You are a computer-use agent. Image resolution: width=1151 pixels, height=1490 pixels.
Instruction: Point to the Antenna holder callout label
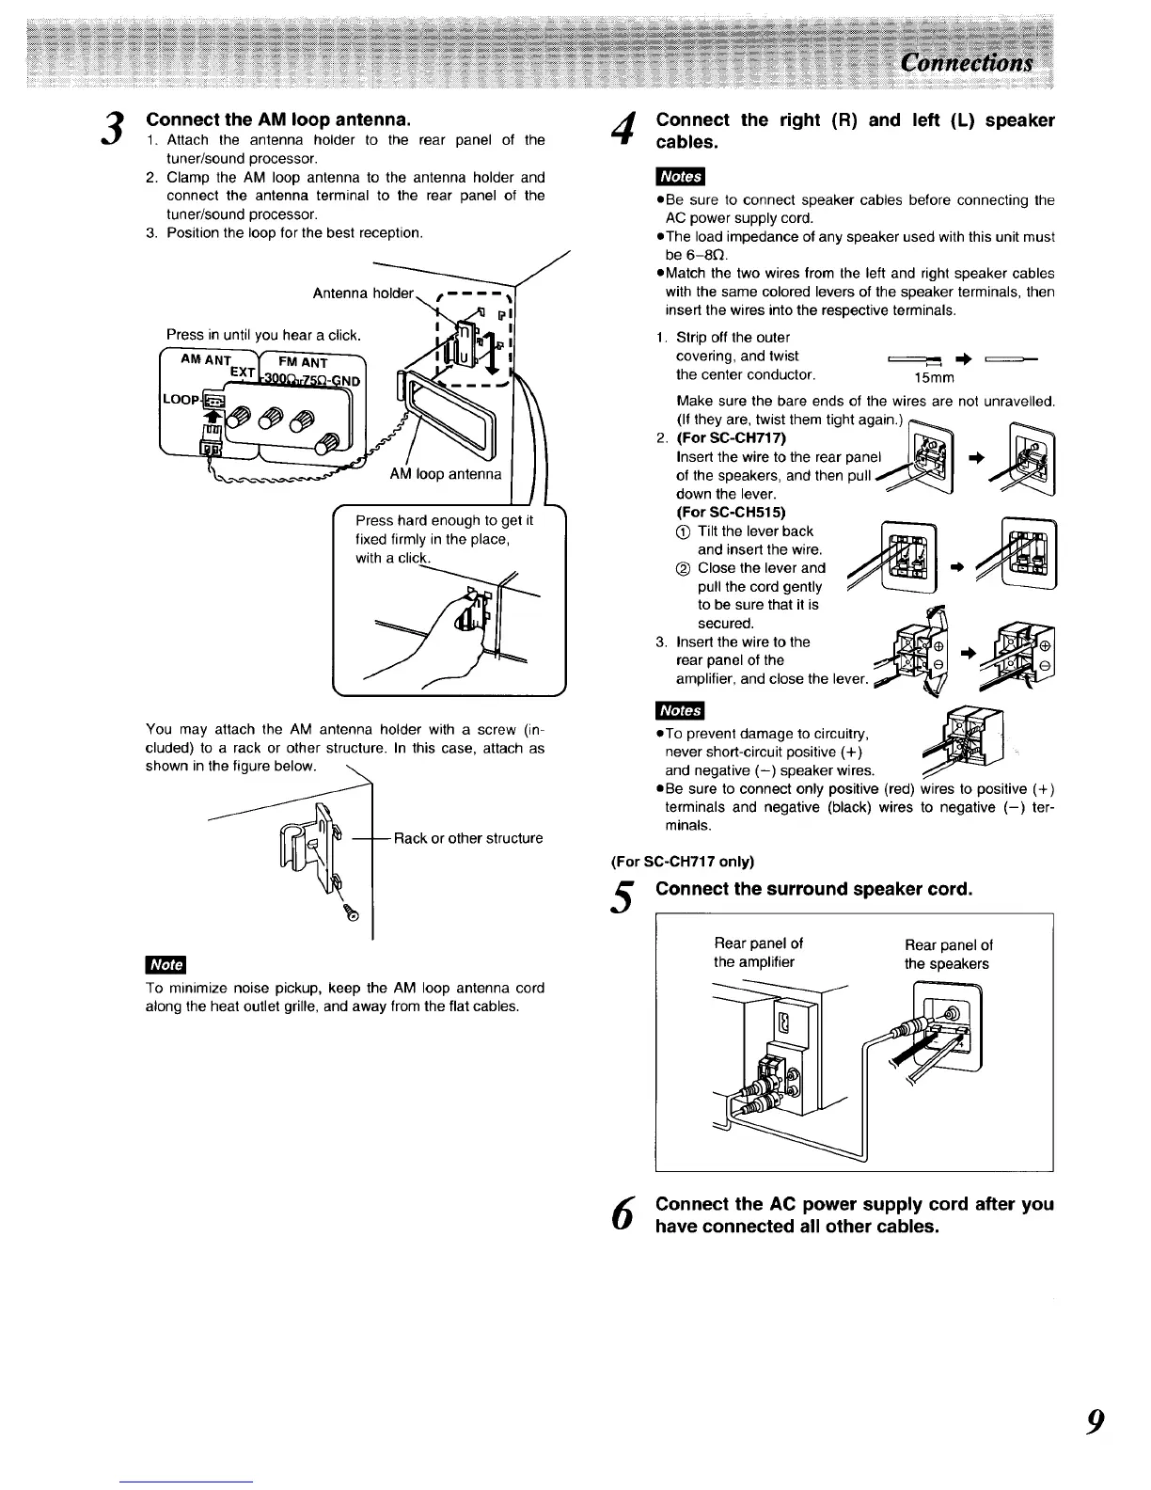[362, 293]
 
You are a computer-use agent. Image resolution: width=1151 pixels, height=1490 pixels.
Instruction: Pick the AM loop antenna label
[446, 473]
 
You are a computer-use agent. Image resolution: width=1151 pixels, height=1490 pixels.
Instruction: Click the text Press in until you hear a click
[263, 335]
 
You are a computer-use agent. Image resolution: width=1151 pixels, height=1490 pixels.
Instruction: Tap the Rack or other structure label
[468, 838]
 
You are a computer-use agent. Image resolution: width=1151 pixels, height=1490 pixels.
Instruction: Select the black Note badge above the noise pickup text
[166, 964]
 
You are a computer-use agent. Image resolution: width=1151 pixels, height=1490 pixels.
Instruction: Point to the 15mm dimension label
[934, 378]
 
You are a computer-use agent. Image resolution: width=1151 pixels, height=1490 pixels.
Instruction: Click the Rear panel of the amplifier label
[758, 953]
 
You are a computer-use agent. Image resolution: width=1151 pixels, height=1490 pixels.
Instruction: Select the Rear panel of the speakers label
[948, 954]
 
